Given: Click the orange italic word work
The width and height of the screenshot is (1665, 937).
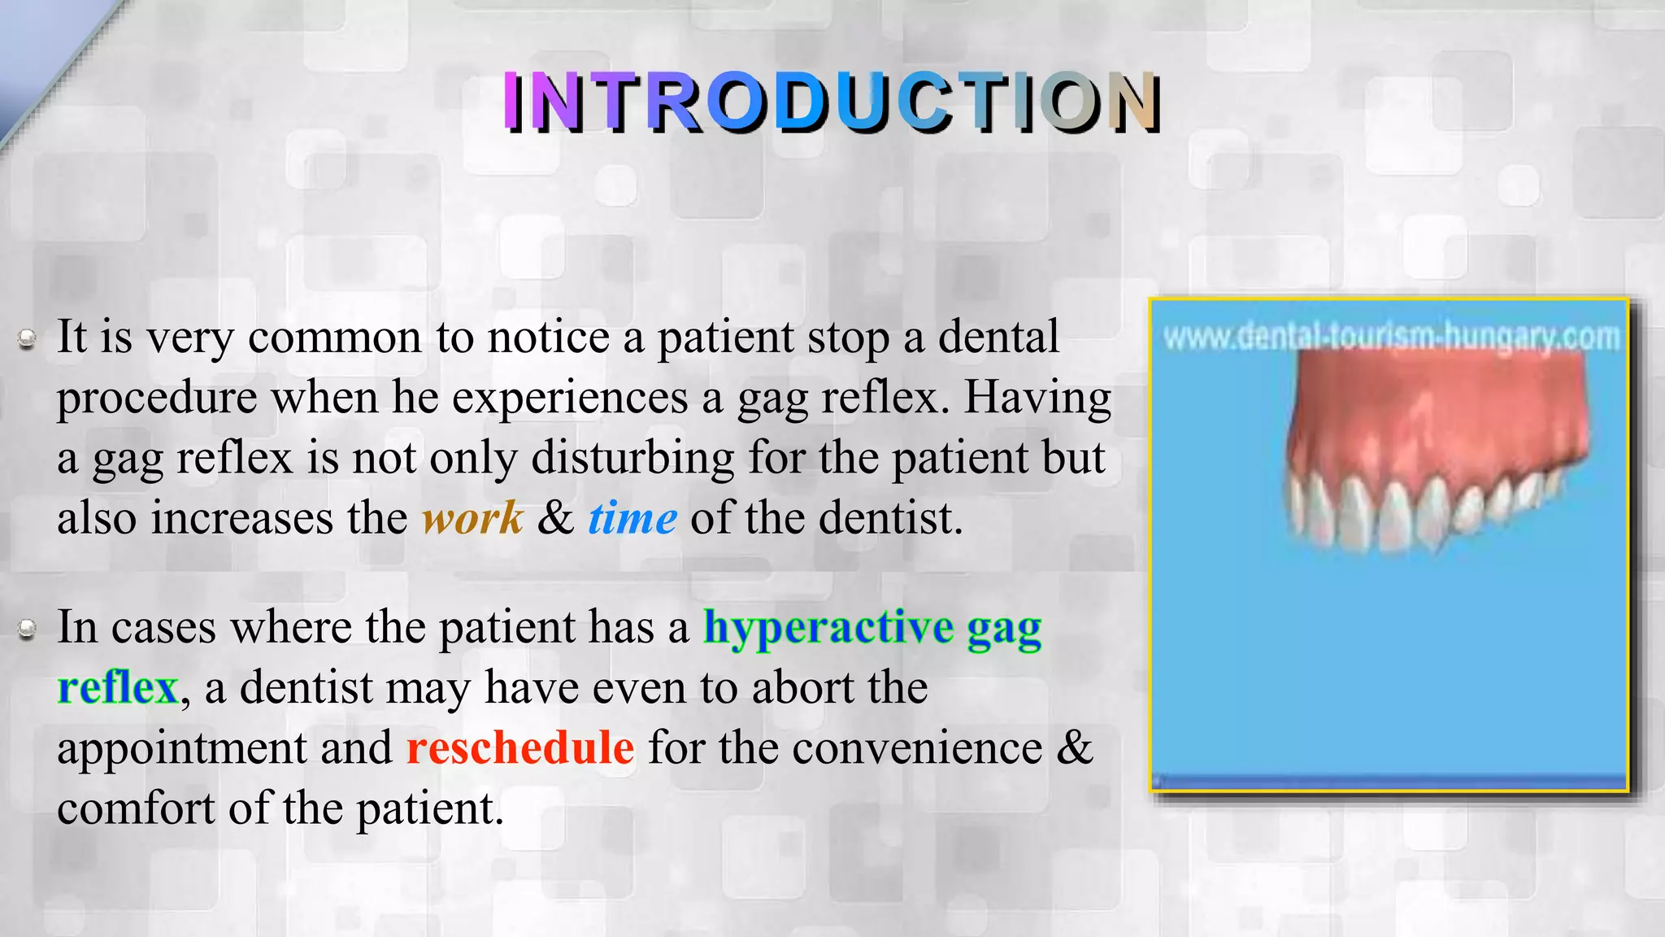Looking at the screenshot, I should (472, 518).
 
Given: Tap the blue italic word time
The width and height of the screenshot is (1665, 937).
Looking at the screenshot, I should (633, 518).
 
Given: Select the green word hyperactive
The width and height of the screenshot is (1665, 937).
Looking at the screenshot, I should (828, 628).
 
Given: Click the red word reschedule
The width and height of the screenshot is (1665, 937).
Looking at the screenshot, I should (520, 747).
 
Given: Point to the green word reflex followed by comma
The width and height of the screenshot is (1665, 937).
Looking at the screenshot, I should (118, 688).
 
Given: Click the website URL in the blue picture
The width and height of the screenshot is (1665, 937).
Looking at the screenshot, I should (1391, 337).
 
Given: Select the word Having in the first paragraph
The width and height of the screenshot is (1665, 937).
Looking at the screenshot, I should (1037, 399).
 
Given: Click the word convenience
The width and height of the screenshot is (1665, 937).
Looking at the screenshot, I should (917, 747).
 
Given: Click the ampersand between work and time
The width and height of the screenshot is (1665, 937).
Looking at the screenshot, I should (555, 518).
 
